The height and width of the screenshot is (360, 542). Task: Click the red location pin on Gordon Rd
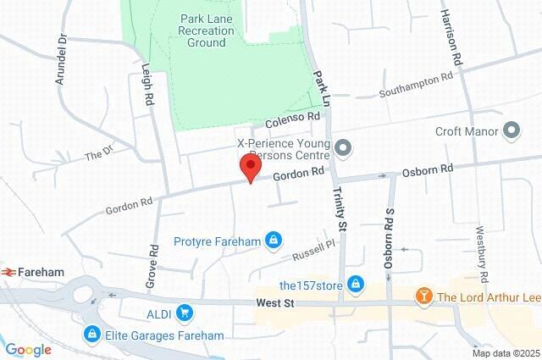(249, 167)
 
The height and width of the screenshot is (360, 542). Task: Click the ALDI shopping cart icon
(185, 314)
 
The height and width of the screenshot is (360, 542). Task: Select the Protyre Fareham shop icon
(273, 241)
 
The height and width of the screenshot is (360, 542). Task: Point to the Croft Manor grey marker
(512, 130)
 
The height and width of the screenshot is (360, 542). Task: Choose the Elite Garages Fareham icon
(91, 335)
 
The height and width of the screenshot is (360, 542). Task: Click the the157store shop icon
(357, 283)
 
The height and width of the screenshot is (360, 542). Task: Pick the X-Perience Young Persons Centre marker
(343, 148)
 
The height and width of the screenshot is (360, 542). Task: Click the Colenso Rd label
(291, 120)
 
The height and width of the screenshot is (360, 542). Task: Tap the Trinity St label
(340, 209)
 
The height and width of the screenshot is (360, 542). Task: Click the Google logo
(28, 350)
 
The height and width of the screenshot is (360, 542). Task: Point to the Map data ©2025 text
(505, 353)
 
